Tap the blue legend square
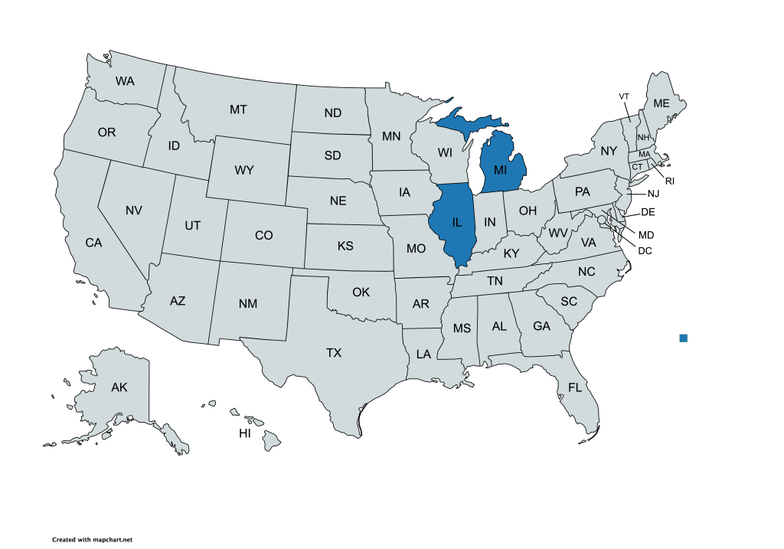tap(684, 338)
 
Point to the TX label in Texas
tap(334, 353)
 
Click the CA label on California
tap(93, 243)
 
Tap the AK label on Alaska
tap(119, 387)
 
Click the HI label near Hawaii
tap(245, 433)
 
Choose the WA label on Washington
tap(125, 80)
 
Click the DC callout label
tap(645, 250)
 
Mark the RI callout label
tap(669, 181)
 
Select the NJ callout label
tap(653, 194)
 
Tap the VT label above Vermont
tap(624, 96)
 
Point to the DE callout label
tap(647, 212)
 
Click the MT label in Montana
tap(238, 109)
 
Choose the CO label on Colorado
tap(263, 235)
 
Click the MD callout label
tap(646, 234)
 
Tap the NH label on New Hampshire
tap(643, 137)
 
